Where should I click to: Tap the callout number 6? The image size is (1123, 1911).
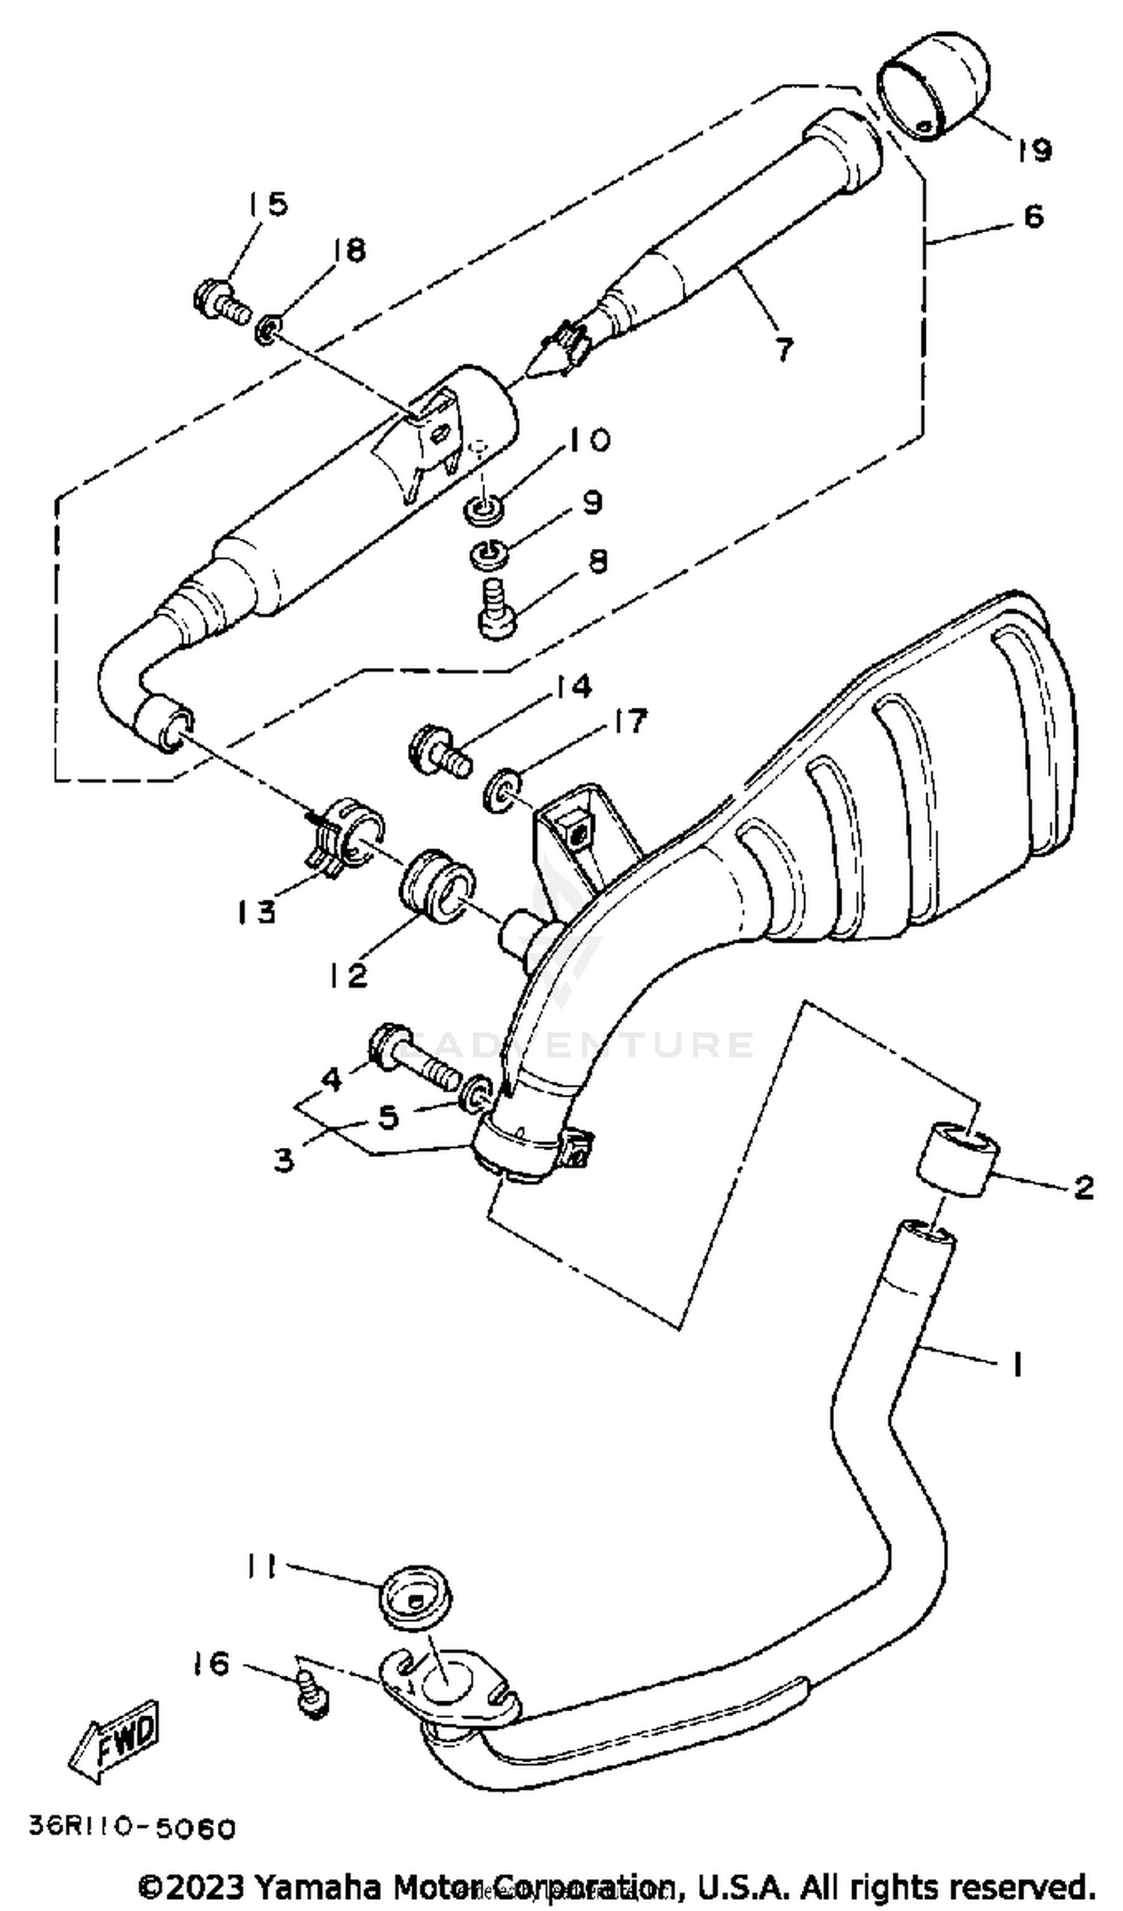tap(1032, 217)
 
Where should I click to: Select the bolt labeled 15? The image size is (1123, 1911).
tap(220, 303)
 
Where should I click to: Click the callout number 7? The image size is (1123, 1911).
tap(783, 350)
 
